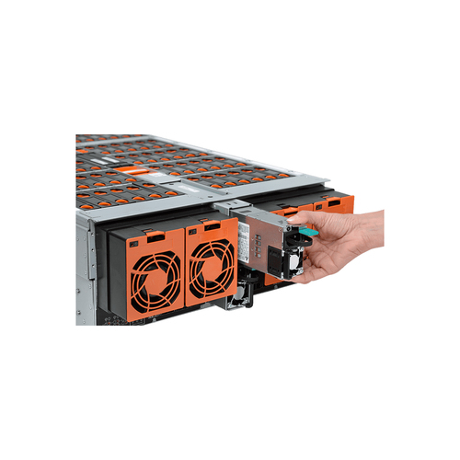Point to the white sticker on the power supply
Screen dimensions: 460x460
click(x=247, y=241)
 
